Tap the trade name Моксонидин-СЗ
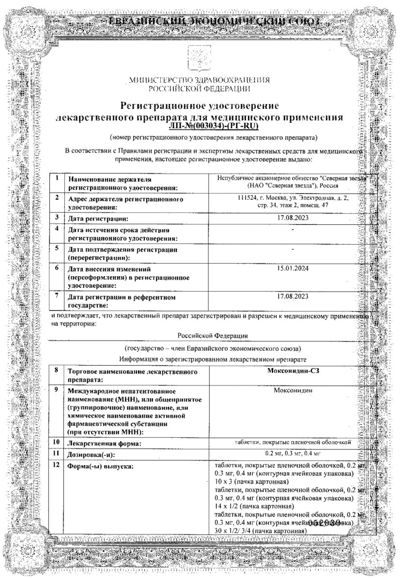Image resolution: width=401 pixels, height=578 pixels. pos(290,371)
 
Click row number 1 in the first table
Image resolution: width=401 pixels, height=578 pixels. pos(57,178)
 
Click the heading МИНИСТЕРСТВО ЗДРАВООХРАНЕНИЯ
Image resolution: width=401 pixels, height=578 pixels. pos(200,80)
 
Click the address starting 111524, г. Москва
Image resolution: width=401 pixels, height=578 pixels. pos(290,202)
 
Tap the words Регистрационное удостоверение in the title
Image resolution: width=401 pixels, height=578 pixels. pos(200,105)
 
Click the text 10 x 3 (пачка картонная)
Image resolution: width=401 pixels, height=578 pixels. pos(251,482)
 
